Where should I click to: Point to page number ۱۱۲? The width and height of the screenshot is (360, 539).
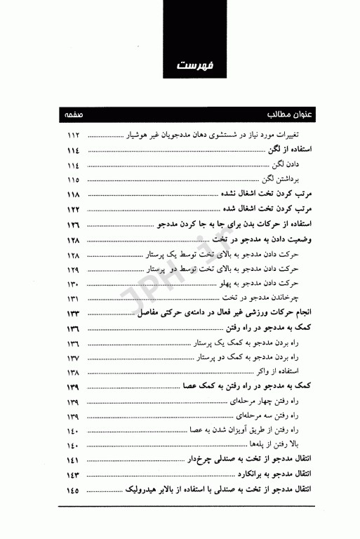pyautogui.click(x=73, y=134)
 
